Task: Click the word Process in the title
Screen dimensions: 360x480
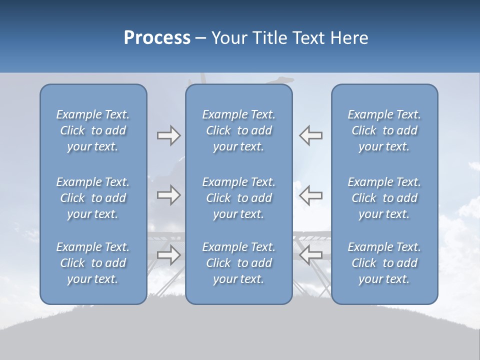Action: [157, 38]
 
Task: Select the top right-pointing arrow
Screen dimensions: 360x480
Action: [168, 135]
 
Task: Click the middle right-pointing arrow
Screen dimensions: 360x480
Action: [168, 195]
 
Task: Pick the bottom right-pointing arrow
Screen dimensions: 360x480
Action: [168, 255]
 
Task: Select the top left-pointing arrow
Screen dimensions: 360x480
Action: [311, 135]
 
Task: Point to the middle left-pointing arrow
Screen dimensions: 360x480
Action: [311, 195]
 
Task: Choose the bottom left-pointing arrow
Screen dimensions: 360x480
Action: [311, 255]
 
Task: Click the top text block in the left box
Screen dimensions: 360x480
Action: [93, 130]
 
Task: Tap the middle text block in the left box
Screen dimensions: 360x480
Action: [93, 198]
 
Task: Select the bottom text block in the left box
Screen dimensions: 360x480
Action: [93, 263]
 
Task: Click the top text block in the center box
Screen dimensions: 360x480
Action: [239, 130]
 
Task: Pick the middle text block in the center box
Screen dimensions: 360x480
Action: [239, 198]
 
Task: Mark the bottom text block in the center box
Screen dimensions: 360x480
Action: [239, 263]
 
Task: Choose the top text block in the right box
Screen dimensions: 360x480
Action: [384, 130]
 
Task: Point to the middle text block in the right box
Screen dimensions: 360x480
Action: [384, 198]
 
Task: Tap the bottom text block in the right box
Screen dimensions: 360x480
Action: [384, 263]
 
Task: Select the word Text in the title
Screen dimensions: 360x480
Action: [308, 38]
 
